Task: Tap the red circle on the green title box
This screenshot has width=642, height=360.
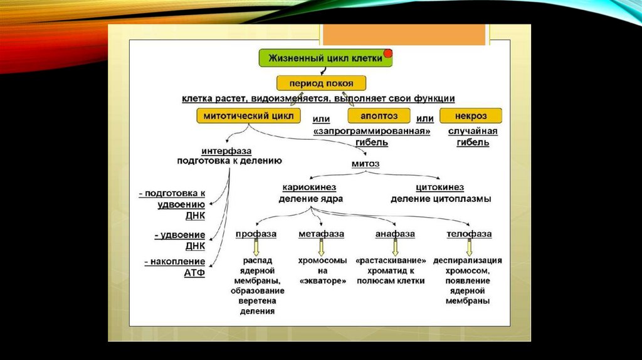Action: [x=388, y=53]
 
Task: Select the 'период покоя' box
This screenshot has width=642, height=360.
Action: [x=322, y=83]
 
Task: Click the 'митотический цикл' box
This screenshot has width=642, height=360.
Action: [x=248, y=116]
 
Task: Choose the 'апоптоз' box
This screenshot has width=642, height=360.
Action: [x=379, y=116]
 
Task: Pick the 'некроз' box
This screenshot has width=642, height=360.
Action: [x=471, y=116]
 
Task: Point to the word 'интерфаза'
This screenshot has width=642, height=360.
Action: [x=226, y=151]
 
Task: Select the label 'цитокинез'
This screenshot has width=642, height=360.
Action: [x=440, y=188]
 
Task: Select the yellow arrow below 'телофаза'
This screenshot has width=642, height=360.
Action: [x=468, y=247]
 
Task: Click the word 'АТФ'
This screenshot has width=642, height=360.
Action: [x=194, y=274]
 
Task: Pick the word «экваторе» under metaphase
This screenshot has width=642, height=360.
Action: [x=322, y=282]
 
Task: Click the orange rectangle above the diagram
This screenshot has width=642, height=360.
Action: [x=405, y=34]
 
